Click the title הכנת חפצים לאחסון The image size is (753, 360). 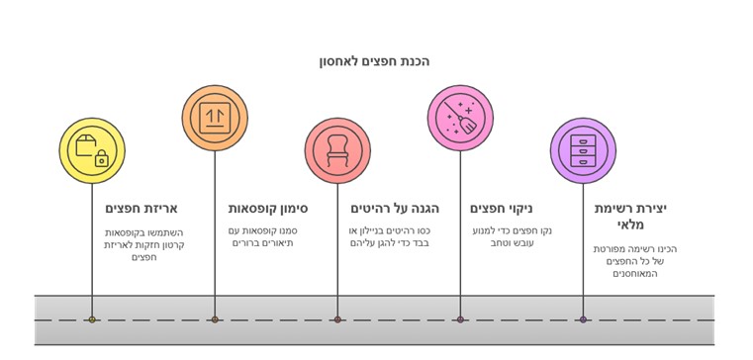coord(374,61)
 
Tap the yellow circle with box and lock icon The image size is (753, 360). coord(92,151)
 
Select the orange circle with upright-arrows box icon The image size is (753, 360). coord(215,118)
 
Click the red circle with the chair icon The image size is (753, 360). coord(337,151)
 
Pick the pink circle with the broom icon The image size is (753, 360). coord(460,118)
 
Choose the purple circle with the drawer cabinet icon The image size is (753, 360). coord(583,151)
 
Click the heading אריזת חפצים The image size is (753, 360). coord(141,209)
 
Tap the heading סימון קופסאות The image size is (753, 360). coord(268,209)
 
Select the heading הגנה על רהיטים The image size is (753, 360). coord(394,209)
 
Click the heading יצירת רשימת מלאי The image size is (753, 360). coord(630,217)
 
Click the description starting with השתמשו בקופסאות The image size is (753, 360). coord(144,244)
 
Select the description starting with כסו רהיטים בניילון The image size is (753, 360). coord(389,237)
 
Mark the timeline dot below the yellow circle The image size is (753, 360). coord(92,319)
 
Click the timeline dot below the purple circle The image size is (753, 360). coord(583,319)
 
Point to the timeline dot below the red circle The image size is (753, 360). coord(337,319)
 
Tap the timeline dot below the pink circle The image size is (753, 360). coord(460,319)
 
